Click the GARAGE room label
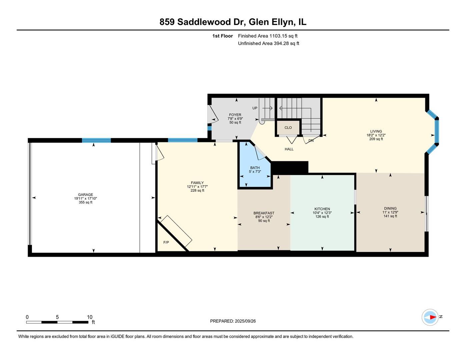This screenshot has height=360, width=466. [x=85, y=195]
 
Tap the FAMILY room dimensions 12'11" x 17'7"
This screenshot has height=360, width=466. [x=197, y=187]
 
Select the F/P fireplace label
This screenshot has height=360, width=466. [x=166, y=242]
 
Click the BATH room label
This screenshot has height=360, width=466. [x=255, y=168]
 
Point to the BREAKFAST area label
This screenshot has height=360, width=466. [x=264, y=213]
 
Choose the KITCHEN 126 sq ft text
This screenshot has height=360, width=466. [x=322, y=217]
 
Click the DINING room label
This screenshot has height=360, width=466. [x=390, y=208]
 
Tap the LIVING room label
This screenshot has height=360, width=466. [x=376, y=131]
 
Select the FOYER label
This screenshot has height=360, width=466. [x=235, y=115]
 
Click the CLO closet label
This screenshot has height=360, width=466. [x=288, y=128]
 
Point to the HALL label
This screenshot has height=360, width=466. [x=289, y=149]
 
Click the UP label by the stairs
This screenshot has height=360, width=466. [x=255, y=108]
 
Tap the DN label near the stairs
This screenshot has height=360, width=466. [x=311, y=141]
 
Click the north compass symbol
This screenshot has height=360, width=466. [x=430, y=317]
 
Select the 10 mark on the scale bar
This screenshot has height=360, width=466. [x=90, y=317]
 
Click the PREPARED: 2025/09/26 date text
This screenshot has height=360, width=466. [x=233, y=321]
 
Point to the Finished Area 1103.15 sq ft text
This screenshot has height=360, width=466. [x=268, y=36]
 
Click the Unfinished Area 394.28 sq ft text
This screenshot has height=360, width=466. [x=268, y=43]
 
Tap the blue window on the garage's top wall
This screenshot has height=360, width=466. [x=96, y=140]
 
